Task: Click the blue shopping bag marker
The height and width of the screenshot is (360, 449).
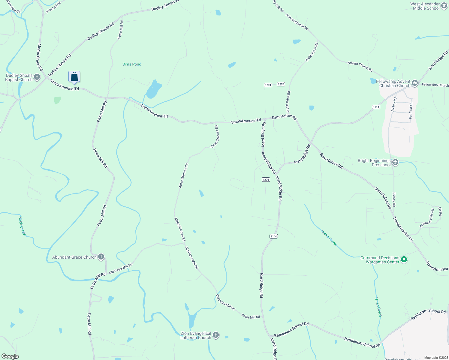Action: (x=74, y=77)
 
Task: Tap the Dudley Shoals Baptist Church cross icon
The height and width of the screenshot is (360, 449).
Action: (x=37, y=77)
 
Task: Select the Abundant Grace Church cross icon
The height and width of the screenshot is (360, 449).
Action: (x=101, y=257)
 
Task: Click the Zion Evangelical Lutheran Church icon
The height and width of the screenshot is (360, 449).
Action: (x=215, y=335)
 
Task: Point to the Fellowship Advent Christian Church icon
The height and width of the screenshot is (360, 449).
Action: (x=414, y=83)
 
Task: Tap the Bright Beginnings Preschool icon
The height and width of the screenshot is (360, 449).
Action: (x=395, y=163)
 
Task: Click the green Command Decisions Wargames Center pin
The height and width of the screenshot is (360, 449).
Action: (x=404, y=259)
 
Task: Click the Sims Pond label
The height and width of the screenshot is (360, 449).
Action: (x=132, y=64)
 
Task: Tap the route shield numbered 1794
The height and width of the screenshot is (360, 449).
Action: (x=268, y=85)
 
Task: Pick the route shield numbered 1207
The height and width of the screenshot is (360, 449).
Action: (x=281, y=84)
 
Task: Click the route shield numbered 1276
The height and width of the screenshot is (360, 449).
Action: (x=266, y=180)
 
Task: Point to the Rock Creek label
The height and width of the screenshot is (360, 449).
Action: (x=23, y=226)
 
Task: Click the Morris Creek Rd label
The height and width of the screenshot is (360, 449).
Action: (x=39, y=57)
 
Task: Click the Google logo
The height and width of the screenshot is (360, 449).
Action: (x=10, y=356)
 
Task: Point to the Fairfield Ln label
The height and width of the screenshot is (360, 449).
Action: (x=411, y=111)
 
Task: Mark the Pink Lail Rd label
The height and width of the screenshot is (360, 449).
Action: (x=54, y=7)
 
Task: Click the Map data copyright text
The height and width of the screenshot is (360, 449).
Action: (x=435, y=358)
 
